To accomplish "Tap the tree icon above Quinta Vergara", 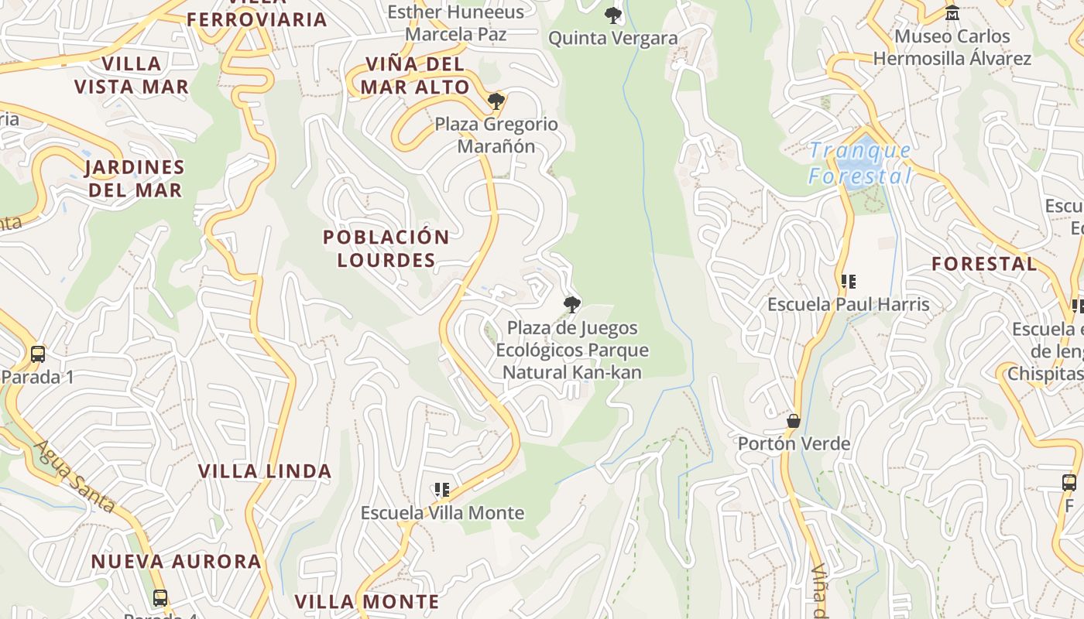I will coord(613,15).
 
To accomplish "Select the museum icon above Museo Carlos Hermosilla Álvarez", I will coord(952,13).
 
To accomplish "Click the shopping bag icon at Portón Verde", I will coord(793,421).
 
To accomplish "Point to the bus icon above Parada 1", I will coord(37,354).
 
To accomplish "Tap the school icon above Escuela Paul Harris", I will coord(849,282).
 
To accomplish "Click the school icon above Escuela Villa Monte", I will coord(442,490).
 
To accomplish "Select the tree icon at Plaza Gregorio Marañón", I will coord(496,101).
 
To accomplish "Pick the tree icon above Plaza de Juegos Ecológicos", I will coord(572,305).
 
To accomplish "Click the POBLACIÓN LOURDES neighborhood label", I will coord(386,248).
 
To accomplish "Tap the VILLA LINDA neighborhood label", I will coord(265,471).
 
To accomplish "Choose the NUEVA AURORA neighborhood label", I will coord(177,561).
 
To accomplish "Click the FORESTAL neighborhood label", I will coord(984,264).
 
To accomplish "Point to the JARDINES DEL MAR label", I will coord(135,179).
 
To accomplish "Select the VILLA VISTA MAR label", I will coord(132,75).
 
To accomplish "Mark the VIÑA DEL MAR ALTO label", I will coord(415,75).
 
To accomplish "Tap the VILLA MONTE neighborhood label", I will coord(367,601).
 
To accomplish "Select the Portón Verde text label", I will coord(794,444).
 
